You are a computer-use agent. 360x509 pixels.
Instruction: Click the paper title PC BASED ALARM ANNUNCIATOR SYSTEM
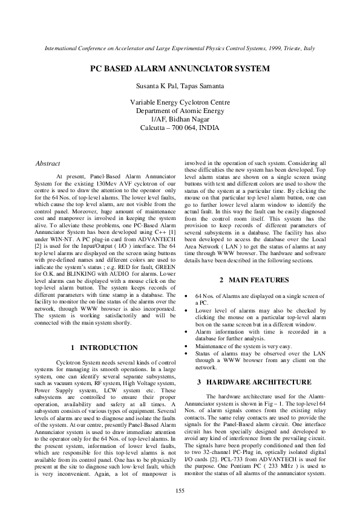coord(180,69)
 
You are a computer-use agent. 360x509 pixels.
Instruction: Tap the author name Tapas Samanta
coord(203,87)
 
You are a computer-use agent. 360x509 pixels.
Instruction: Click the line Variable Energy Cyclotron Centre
coord(180,103)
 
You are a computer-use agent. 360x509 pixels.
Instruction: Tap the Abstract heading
coord(48,163)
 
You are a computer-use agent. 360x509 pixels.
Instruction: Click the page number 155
coord(180,490)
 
